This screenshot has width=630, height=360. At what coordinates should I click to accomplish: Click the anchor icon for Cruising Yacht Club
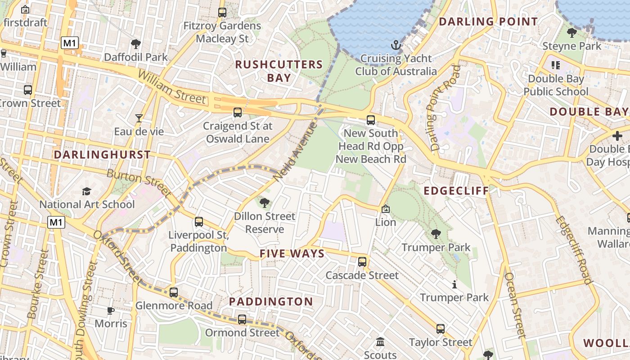pos(396,45)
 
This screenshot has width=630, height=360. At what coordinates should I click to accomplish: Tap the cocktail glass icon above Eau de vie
pos(139,118)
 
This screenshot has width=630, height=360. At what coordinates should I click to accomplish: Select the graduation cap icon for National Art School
pos(87,192)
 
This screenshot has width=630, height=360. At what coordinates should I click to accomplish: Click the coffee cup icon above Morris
pos(111,310)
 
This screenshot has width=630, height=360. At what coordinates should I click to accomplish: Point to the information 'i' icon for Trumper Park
pos(454,284)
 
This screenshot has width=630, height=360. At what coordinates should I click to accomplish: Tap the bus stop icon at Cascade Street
pos(362,262)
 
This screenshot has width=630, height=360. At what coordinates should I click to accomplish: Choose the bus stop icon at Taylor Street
pos(441,329)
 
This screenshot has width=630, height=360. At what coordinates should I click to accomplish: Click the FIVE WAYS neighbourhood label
pos(292,254)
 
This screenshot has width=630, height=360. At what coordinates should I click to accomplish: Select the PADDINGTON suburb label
pos(271,301)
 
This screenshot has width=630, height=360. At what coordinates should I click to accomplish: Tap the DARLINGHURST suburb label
pos(102,155)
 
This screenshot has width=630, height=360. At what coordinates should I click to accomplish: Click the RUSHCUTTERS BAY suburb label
pos(279,71)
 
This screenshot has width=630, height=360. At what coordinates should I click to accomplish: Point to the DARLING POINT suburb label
pos(488,22)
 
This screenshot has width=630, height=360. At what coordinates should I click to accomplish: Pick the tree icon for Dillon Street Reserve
pos(265,203)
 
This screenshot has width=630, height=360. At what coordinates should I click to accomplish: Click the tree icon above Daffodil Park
pos(135,44)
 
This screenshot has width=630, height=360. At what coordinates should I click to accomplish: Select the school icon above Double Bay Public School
pos(556,65)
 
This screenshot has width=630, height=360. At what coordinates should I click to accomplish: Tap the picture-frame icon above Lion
pos(386,209)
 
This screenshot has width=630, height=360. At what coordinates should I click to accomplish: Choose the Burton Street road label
pos(139,183)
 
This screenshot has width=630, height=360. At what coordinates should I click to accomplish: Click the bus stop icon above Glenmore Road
pos(174,292)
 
